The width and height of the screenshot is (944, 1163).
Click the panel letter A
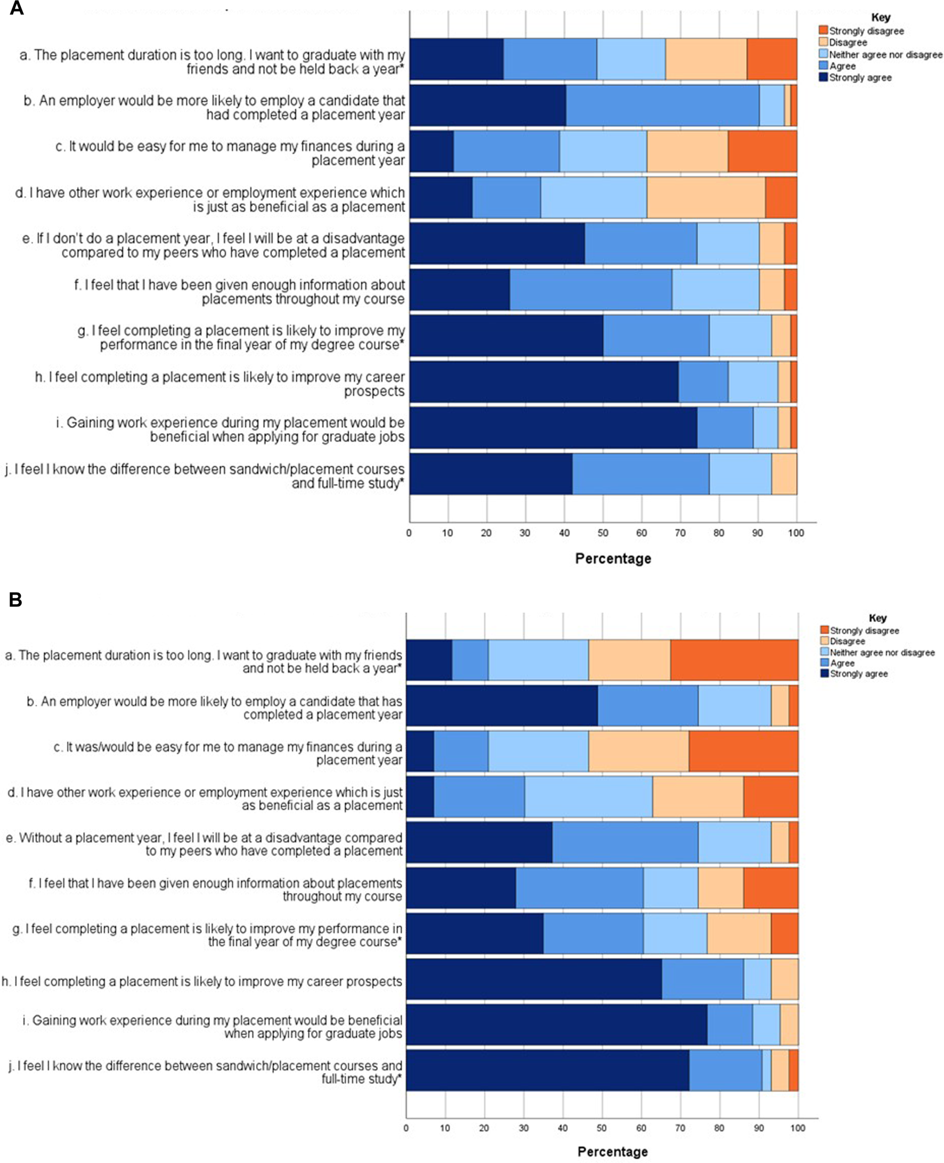coord(17,9)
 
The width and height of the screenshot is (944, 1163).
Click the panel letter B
coord(15,600)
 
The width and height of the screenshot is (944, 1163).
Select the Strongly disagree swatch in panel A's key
coord(823,31)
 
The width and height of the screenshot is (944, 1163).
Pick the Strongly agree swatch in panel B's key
coord(825,673)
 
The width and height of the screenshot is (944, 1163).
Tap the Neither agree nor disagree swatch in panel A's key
coord(823,54)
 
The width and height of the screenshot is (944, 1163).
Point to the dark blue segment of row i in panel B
coord(556,1025)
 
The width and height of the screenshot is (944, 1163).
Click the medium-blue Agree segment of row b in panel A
coord(662,105)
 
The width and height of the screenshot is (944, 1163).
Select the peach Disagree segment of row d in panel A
coord(706,197)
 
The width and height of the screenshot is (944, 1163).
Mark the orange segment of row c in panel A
coord(762,152)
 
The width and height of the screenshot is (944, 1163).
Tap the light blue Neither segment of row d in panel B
coord(588,797)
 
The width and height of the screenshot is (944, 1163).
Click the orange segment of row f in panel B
coord(770,888)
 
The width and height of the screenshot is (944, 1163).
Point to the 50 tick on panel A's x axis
coord(603,533)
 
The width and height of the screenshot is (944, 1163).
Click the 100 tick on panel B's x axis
coord(797,1128)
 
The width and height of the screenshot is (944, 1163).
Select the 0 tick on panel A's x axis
coord(409,533)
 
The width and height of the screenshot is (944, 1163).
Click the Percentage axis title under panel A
coord(613,558)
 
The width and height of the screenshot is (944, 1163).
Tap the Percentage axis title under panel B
coord(612,1152)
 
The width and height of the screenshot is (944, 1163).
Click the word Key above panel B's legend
coord(877,618)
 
